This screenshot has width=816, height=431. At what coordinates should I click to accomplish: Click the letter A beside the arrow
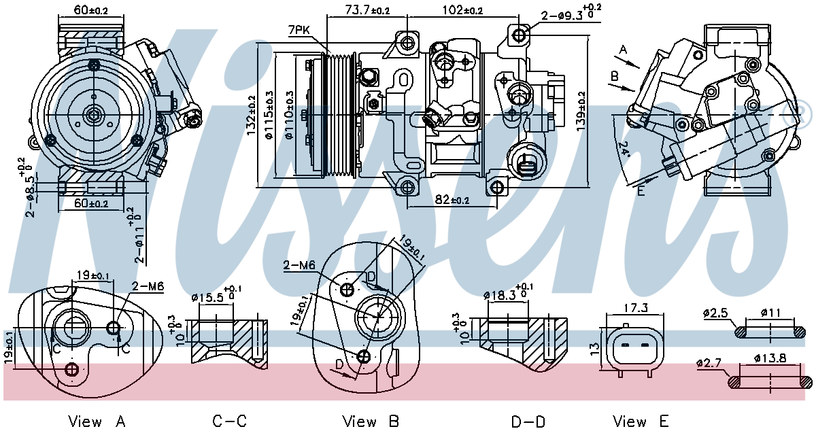tap(624, 49)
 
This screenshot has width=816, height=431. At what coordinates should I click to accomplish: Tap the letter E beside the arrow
tap(640, 191)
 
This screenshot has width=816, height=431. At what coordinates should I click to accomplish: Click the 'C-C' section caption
tap(231, 421)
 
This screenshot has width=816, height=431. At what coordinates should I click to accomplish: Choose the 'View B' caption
tap(371, 421)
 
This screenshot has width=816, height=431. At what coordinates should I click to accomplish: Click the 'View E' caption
tap(641, 421)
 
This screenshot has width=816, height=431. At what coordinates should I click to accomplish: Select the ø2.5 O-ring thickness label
tap(715, 313)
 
